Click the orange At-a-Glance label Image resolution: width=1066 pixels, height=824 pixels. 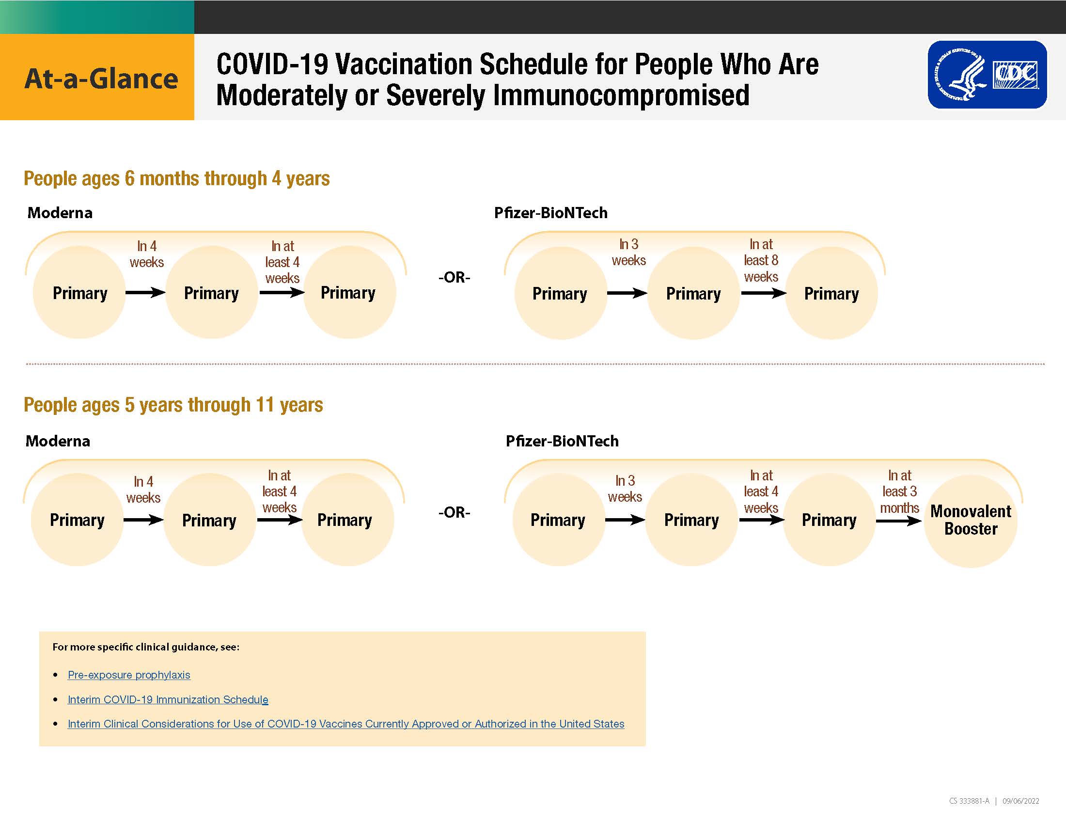(x=97, y=77)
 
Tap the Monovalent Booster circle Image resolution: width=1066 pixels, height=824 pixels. (x=971, y=521)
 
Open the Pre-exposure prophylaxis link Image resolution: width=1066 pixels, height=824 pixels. (x=129, y=675)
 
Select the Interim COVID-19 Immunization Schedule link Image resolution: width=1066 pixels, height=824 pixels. (x=168, y=699)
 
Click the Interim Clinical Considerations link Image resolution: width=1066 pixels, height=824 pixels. (x=346, y=724)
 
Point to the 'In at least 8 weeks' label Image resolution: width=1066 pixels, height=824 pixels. (x=761, y=261)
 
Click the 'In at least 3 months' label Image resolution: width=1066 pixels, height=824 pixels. (x=900, y=491)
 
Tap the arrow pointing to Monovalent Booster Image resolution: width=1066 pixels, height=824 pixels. (x=898, y=521)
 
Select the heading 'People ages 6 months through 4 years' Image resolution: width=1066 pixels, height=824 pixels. (x=177, y=179)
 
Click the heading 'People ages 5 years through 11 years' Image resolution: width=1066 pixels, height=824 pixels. (x=173, y=405)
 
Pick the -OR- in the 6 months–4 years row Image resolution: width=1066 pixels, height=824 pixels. (x=454, y=277)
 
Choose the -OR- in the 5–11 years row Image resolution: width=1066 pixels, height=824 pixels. (x=454, y=512)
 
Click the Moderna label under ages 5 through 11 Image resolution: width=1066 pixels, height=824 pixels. (x=58, y=441)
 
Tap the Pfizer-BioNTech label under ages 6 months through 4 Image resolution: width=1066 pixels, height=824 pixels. (x=550, y=213)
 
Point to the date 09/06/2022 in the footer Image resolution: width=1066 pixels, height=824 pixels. (x=1020, y=801)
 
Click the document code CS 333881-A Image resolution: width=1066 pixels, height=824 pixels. (x=969, y=801)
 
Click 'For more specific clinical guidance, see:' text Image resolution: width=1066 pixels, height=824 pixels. (x=146, y=647)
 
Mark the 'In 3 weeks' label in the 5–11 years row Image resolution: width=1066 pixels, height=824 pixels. (x=625, y=489)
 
